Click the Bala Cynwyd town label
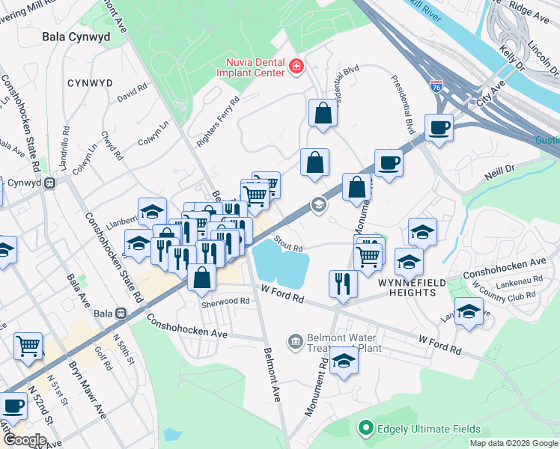click(x=76, y=36)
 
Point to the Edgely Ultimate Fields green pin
click(x=366, y=428)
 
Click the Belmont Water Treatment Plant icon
click(x=295, y=341)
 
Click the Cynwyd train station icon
click(x=50, y=182)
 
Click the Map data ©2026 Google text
click(x=513, y=443)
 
